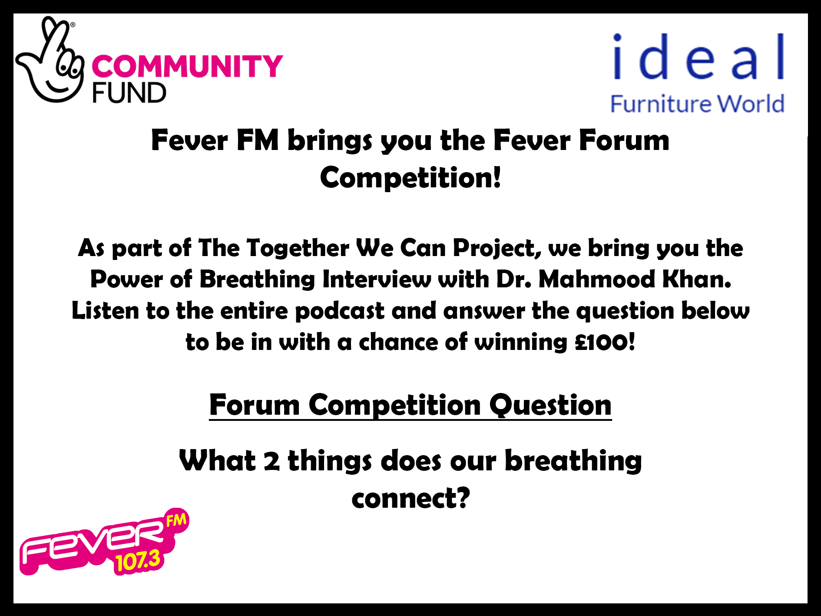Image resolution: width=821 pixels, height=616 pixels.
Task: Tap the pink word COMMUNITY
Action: point(187,66)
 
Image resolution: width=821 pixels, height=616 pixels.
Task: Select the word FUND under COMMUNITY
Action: point(129,93)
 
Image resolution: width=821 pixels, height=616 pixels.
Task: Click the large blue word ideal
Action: point(699,57)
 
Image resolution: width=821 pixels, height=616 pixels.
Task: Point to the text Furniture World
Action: point(697,104)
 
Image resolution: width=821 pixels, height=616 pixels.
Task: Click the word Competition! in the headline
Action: point(410,178)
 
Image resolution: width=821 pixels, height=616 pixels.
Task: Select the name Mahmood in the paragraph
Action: point(596,279)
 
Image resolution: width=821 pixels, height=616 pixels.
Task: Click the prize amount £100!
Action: point(605,342)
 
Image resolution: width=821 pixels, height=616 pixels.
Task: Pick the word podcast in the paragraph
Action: point(340,311)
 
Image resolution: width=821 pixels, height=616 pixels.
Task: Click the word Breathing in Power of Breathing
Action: point(257,279)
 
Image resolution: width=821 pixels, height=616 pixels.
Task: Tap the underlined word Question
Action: point(550,405)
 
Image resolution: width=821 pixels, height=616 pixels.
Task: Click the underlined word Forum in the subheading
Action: point(255,405)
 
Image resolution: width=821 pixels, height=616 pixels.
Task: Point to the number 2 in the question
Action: point(272,461)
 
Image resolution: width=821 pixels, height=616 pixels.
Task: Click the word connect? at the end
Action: point(411,498)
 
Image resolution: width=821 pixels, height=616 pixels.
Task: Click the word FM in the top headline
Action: point(258,140)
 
